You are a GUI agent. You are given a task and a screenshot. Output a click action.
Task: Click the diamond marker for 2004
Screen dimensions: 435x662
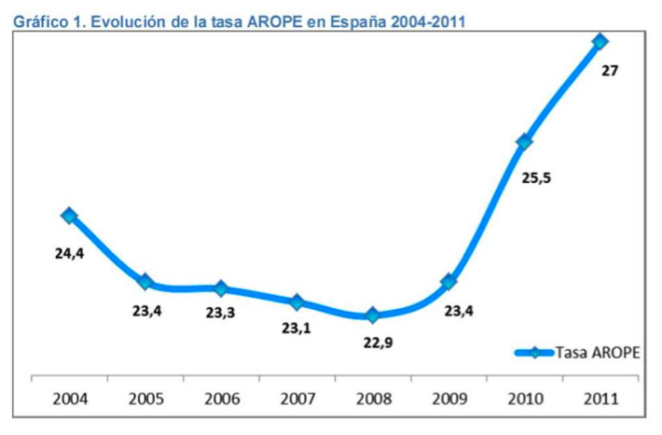pos(69,215)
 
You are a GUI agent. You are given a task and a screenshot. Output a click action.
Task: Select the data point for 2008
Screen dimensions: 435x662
pos(373,316)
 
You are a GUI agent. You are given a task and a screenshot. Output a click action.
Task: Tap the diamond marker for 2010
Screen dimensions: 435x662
pos(524,142)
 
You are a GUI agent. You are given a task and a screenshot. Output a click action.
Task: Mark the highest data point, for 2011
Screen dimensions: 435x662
pos(600,41)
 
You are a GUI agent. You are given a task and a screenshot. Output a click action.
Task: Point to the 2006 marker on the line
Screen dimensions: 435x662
pos(221,288)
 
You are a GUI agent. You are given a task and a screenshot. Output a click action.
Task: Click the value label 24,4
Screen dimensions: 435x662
pos(68,251)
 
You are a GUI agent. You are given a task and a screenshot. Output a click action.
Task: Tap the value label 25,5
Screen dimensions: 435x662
pos(534,178)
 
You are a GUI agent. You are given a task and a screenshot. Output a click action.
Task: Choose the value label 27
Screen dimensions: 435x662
pos(610,70)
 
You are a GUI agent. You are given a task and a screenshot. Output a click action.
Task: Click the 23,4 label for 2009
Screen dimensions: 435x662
pos(459,312)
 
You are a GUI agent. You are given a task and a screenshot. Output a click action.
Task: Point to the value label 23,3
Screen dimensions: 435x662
pos(221,313)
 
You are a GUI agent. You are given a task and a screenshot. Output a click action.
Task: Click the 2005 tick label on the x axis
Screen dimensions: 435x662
pos(145,400)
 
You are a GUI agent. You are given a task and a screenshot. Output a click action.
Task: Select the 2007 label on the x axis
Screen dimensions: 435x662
pos(297,400)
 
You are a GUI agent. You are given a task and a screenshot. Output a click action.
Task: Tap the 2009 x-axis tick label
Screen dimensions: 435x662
pos(448,400)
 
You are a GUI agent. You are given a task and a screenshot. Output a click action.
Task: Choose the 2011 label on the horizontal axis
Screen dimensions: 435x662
pos(600,400)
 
